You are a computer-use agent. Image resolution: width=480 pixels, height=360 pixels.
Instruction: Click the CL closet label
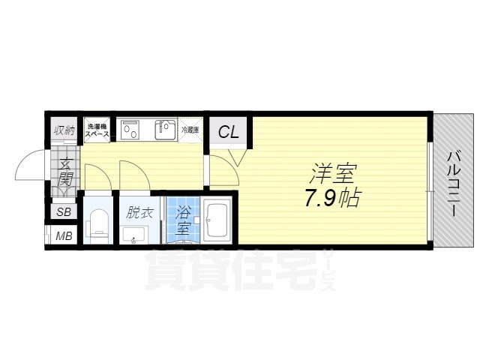click(x=228, y=132)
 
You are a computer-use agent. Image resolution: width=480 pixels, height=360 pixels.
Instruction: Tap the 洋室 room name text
click(x=333, y=173)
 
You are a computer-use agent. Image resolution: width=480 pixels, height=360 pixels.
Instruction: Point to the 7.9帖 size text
click(x=331, y=198)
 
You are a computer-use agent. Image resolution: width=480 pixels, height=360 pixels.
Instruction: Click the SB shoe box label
click(x=64, y=211)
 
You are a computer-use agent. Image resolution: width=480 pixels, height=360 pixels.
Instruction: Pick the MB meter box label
click(x=64, y=236)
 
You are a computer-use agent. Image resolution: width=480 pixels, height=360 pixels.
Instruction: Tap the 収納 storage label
click(x=64, y=130)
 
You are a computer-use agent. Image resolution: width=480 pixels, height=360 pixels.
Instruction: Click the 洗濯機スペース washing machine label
click(x=97, y=130)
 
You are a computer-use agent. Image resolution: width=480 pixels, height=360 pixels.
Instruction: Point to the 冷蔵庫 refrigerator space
click(x=190, y=130)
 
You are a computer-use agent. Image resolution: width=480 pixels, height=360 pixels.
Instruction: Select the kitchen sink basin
click(x=165, y=130)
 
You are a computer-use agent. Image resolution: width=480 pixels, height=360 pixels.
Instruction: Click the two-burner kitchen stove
click(x=130, y=130)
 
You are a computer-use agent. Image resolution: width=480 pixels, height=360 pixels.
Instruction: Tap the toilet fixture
click(x=97, y=224)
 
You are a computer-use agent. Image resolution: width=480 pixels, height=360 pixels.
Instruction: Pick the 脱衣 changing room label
click(x=139, y=212)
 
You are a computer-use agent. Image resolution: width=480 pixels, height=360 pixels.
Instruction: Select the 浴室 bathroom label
click(x=183, y=220)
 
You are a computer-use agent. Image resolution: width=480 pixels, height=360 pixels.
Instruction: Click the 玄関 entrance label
click(x=65, y=172)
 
